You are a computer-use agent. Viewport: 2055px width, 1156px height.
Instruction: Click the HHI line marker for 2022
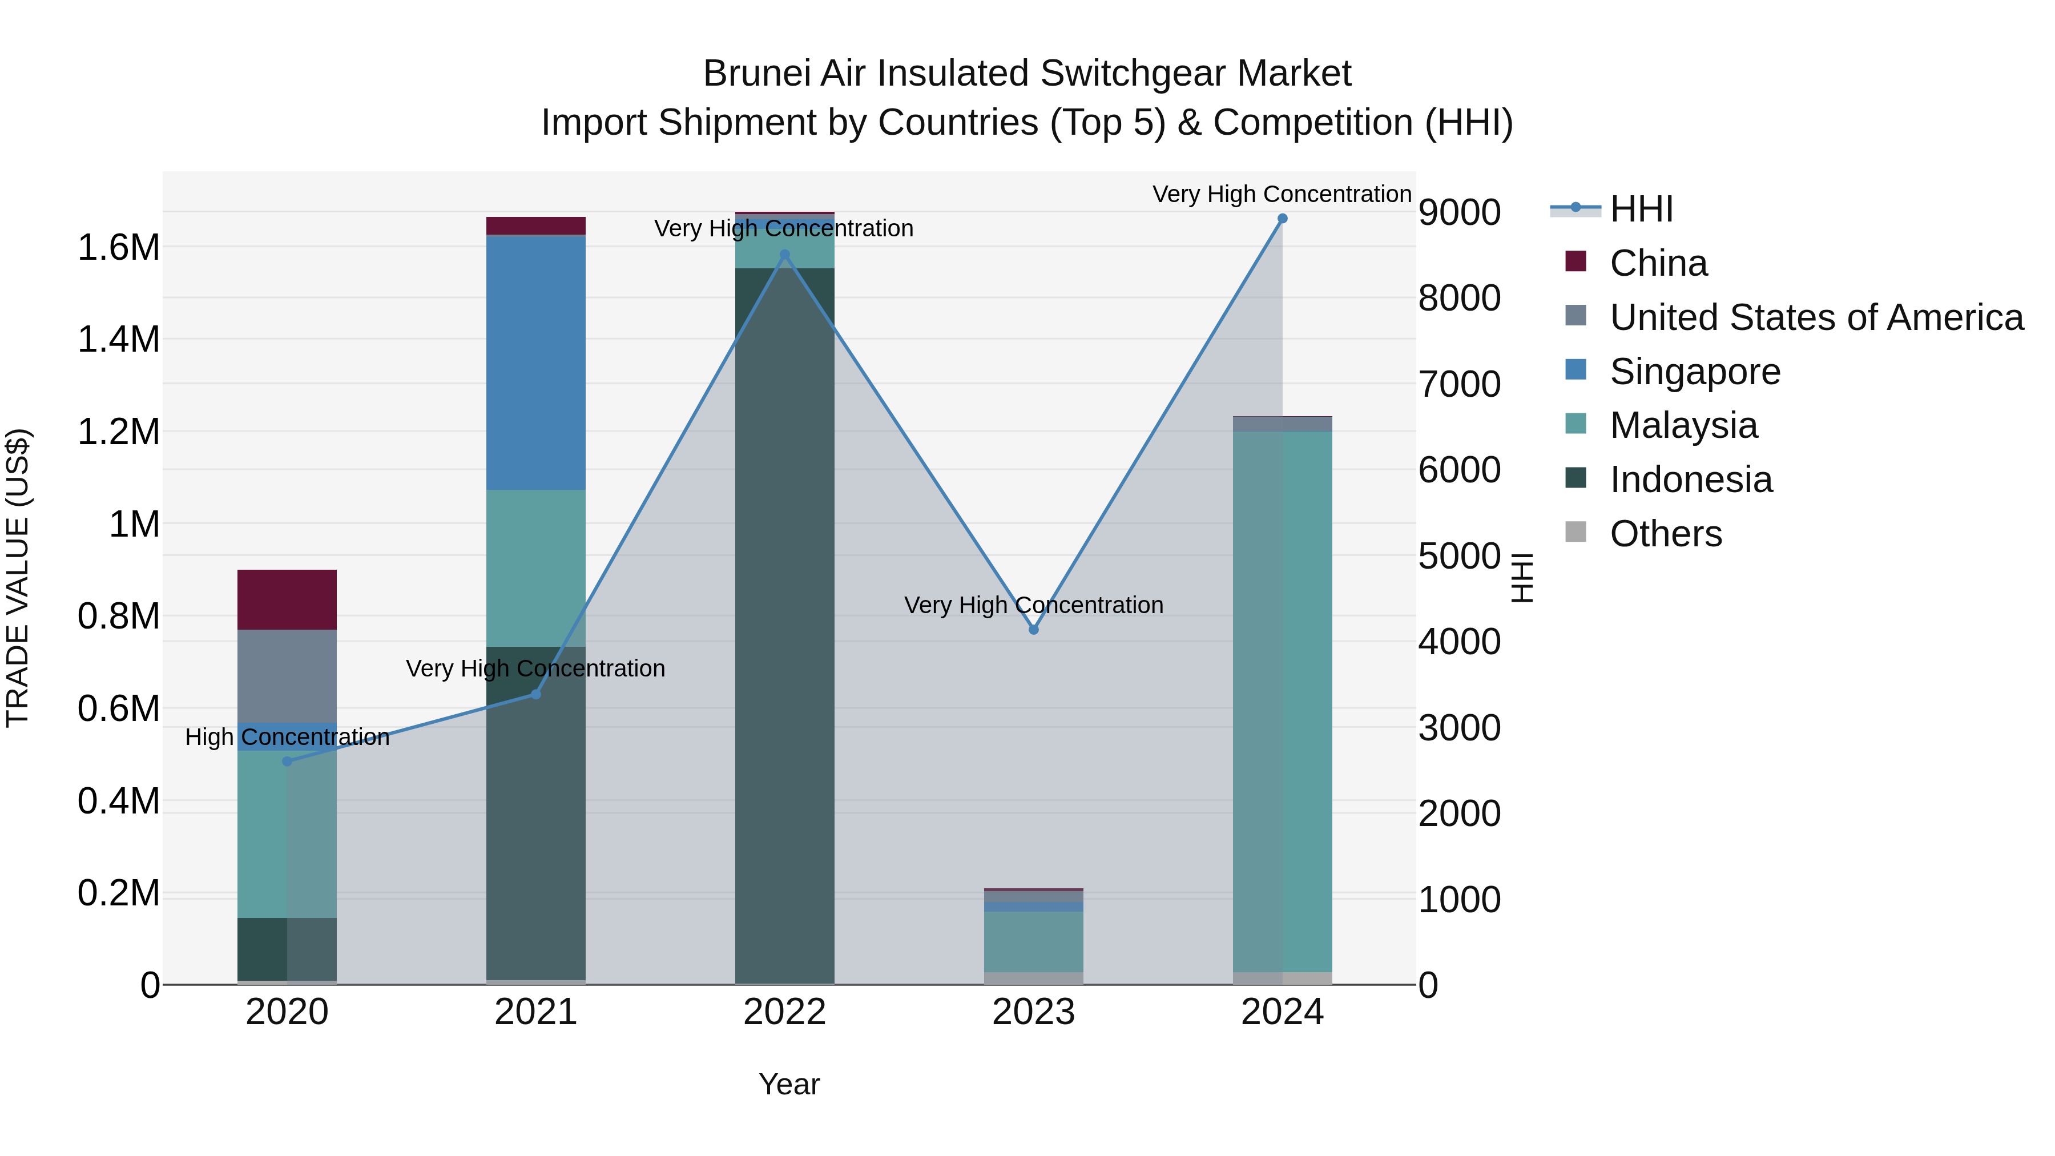point(784,255)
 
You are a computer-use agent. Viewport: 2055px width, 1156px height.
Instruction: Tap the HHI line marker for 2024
point(1282,219)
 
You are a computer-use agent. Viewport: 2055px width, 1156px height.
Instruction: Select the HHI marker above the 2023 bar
point(1033,630)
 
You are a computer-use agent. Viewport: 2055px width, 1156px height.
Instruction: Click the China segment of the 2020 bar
point(287,600)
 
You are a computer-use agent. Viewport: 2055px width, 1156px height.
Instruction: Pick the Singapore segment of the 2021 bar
point(535,363)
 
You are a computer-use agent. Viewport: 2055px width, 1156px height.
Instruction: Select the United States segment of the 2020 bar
point(287,676)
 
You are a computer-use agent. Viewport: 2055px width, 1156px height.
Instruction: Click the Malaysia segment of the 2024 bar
point(1282,702)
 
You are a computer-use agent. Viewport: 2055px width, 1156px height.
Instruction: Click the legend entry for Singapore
point(1694,372)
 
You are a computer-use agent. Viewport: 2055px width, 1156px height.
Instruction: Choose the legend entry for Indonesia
point(1690,480)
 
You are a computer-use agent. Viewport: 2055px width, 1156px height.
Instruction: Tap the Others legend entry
point(1665,534)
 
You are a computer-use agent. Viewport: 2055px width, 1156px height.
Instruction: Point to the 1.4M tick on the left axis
point(118,340)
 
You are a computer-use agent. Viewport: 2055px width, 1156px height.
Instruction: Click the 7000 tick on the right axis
point(1459,385)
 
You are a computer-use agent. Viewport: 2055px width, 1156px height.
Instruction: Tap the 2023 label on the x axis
point(1033,1012)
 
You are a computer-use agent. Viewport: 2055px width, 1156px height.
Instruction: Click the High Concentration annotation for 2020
point(287,737)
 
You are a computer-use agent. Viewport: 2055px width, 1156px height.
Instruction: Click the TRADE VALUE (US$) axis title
point(18,578)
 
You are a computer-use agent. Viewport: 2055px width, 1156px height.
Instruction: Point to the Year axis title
point(789,1084)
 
